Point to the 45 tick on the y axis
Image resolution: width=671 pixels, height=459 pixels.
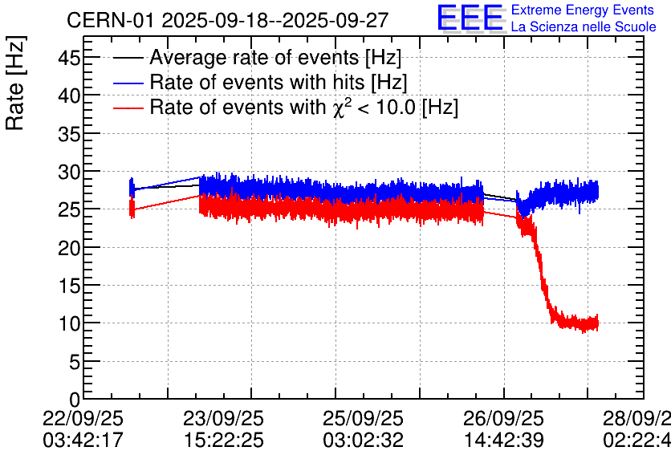(64, 57)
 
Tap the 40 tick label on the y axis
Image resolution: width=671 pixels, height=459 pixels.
(64, 95)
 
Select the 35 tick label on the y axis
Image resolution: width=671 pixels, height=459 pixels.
(64, 133)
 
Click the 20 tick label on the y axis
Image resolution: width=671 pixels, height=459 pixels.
(64, 247)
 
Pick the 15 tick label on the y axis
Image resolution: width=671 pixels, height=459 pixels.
(64, 286)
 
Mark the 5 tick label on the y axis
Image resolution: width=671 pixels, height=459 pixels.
(70, 362)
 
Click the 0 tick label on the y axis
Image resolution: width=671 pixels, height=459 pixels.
(70, 400)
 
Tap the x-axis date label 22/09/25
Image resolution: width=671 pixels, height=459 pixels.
(83, 419)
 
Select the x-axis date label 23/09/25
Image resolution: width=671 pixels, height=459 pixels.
(224, 419)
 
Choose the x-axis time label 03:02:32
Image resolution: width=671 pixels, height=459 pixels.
(364, 440)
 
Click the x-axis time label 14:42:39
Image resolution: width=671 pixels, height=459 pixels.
(504, 440)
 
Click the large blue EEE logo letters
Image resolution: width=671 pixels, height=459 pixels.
(470, 18)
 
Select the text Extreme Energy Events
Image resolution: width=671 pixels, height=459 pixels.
(582, 10)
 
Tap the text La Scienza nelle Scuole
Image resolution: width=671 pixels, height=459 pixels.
(584, 27)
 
